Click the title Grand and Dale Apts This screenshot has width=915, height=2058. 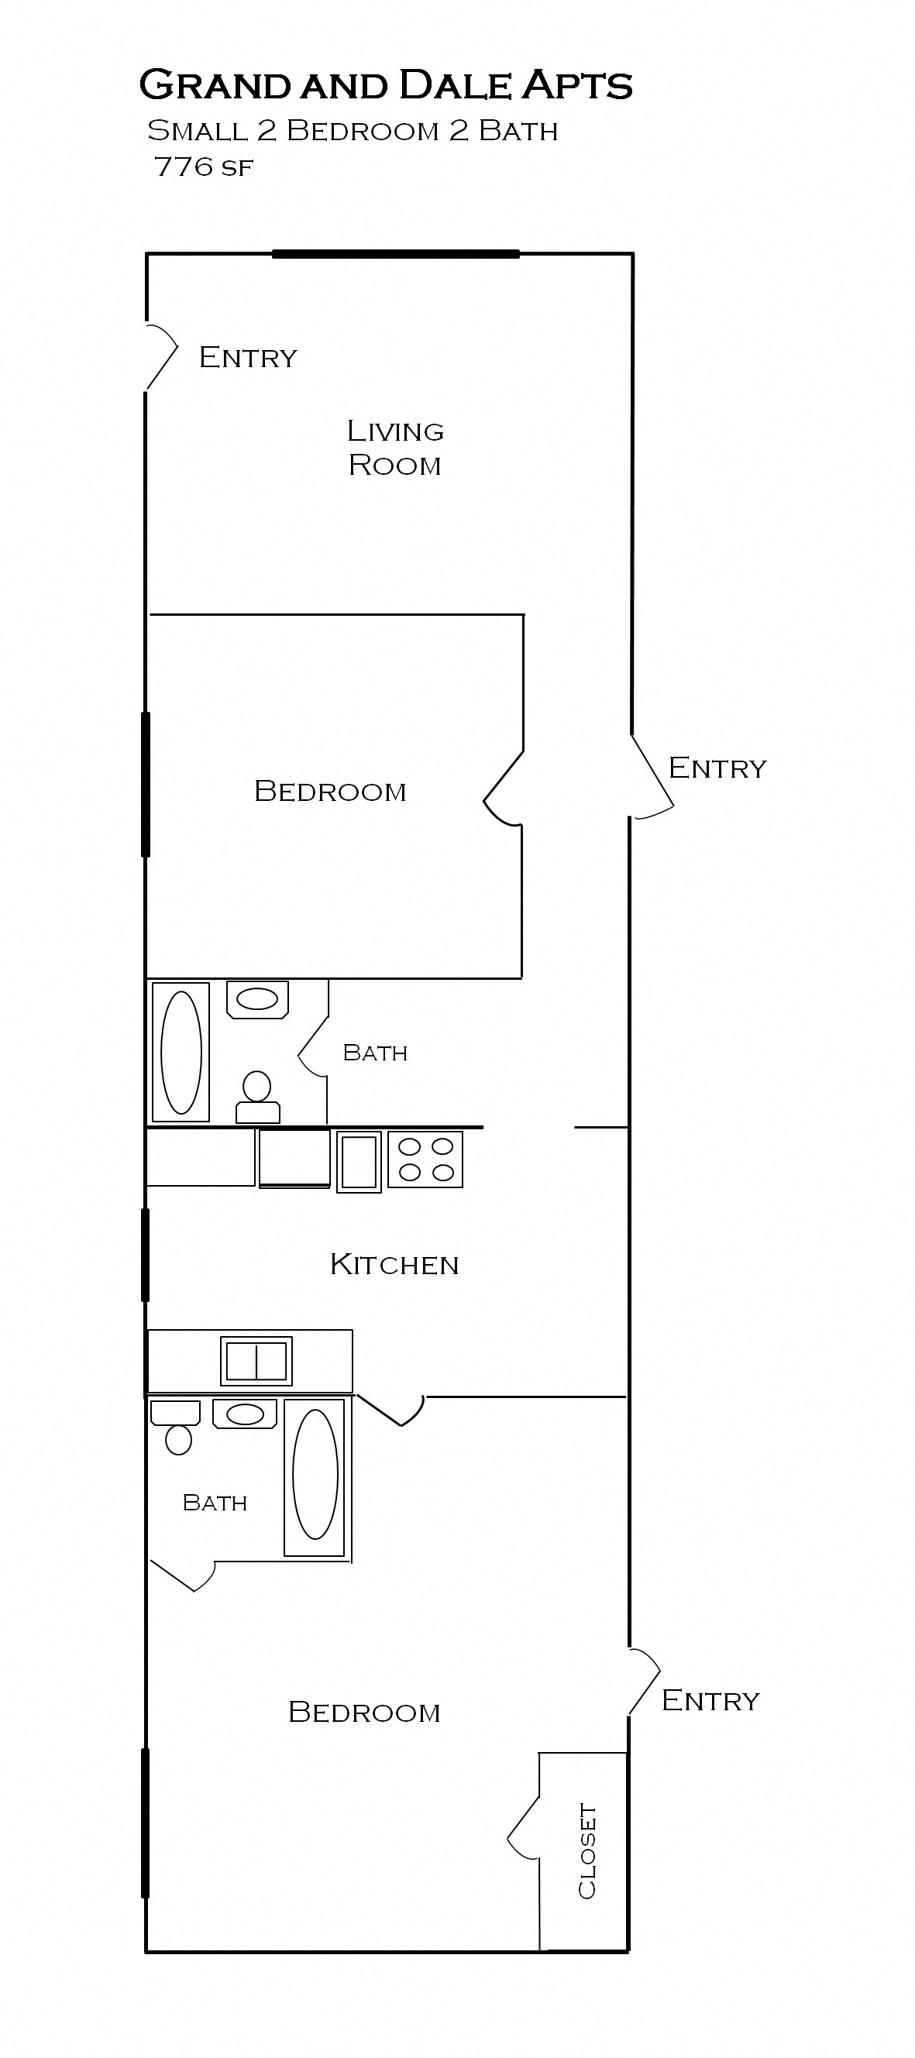pos(386,85)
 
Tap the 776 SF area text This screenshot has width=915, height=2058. pos(204,167)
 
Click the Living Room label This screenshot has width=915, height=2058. pos(395,448)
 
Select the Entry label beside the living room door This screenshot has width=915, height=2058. pos(248,357)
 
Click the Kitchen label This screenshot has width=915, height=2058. pos(394,1265)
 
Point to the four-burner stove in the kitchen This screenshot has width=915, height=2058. pos(425,1160)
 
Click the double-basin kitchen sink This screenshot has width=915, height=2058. pos(256,1362)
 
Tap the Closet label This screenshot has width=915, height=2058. pos(587,1850)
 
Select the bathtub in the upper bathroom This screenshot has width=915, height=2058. pos(181,1052)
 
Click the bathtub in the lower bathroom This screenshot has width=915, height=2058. pos(315,1474)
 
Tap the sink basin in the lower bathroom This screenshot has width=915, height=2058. pos(245,1414)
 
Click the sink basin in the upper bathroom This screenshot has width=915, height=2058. pos(257,998)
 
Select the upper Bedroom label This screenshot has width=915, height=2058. pos(330,792)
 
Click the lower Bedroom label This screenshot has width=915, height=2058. pos(364,1712)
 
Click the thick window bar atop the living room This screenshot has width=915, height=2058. pos(396,254)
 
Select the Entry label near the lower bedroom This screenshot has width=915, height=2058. pos(710,1700)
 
